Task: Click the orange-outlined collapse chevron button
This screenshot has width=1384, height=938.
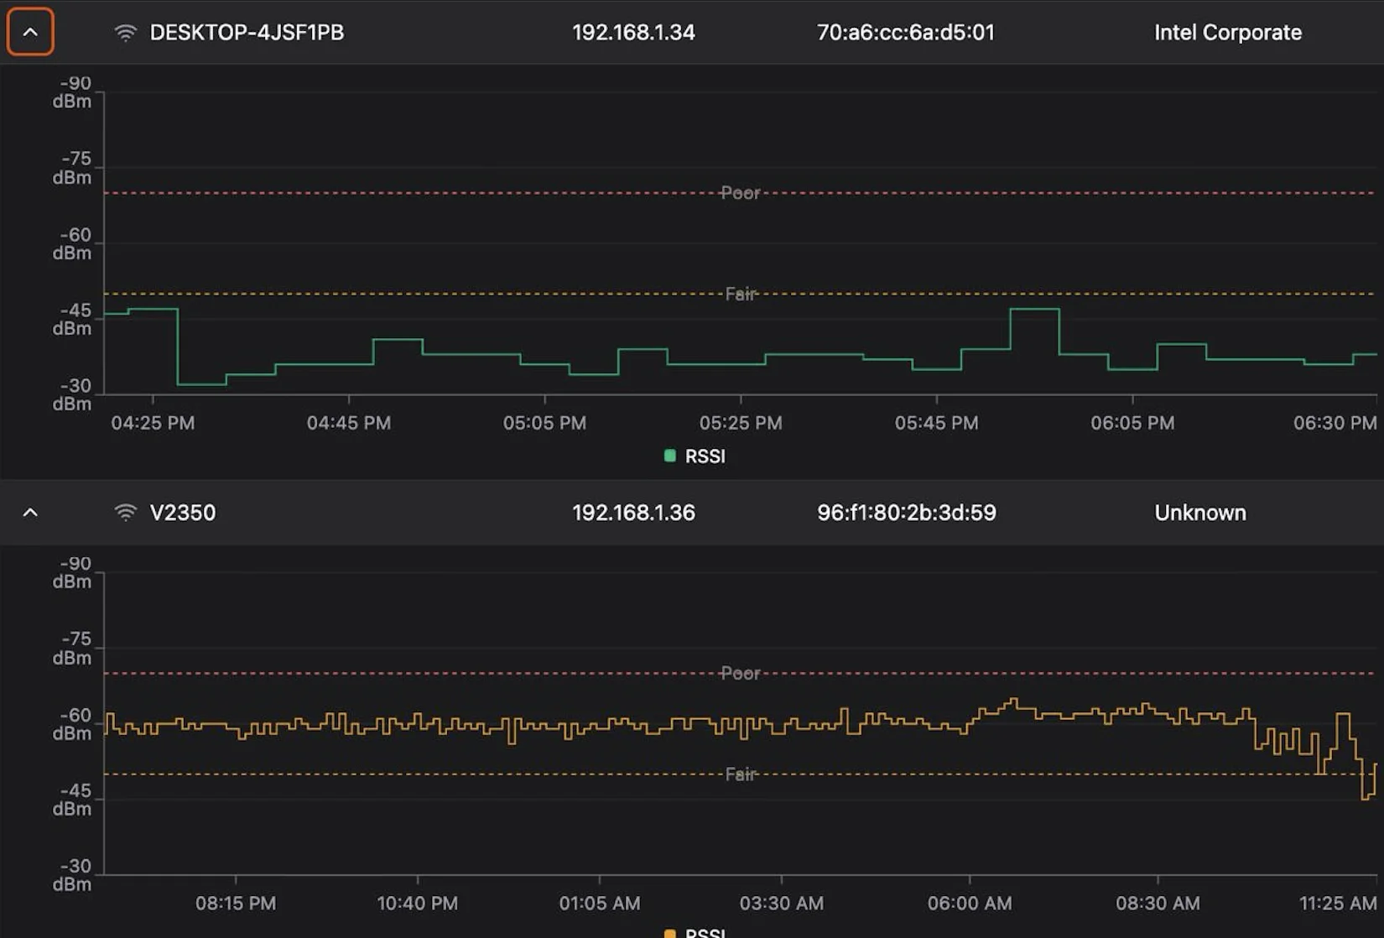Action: [30, 32]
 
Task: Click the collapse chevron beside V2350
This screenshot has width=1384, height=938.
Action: [30, 513]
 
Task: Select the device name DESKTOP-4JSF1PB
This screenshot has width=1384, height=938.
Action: [247, 33]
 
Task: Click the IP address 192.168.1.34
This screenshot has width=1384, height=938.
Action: [633, 33]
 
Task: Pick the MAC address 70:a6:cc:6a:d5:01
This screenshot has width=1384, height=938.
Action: [906, 33]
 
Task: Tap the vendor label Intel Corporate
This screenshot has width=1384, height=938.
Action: [1228, 33]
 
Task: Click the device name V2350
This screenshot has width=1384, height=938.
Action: [183, 513]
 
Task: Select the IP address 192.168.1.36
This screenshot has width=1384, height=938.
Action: [633, 513]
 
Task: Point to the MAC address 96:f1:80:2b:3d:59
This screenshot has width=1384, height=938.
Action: [907, 513]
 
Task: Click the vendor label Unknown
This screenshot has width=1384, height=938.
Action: [1200, 513]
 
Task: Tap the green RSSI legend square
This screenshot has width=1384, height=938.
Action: [669, 456]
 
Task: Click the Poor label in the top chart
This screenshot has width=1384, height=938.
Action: [740, 193]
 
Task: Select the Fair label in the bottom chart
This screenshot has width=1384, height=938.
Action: [740, 774]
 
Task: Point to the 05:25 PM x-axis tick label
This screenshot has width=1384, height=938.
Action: [741, 423]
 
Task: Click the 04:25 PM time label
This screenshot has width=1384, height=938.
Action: [153, 423]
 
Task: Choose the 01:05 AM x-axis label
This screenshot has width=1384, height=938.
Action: [600, 904]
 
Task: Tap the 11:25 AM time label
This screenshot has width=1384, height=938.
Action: [1338, 904]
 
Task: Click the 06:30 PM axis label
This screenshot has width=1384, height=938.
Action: [1335, 423]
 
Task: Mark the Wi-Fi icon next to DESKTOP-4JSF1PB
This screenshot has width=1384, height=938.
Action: [125, 33]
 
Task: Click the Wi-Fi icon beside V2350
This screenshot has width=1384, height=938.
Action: [125, 513]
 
